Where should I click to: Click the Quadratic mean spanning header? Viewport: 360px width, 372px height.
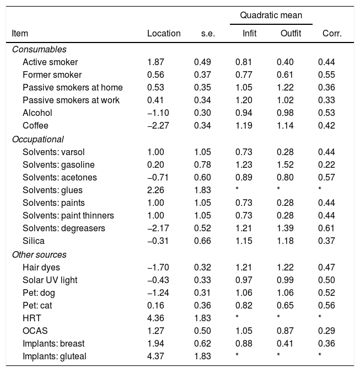(x=271, y=15)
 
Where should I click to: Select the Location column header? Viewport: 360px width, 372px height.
(x=164, y=33)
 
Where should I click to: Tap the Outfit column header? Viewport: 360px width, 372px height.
(x=291, y=33)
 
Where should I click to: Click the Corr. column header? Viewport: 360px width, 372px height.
(x=332, y=33)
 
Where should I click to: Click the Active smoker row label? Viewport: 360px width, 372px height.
(x=50, y=62)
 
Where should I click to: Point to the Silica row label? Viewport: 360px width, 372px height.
(x=33, y=241)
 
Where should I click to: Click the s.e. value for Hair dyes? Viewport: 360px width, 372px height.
(x=202, y=268)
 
